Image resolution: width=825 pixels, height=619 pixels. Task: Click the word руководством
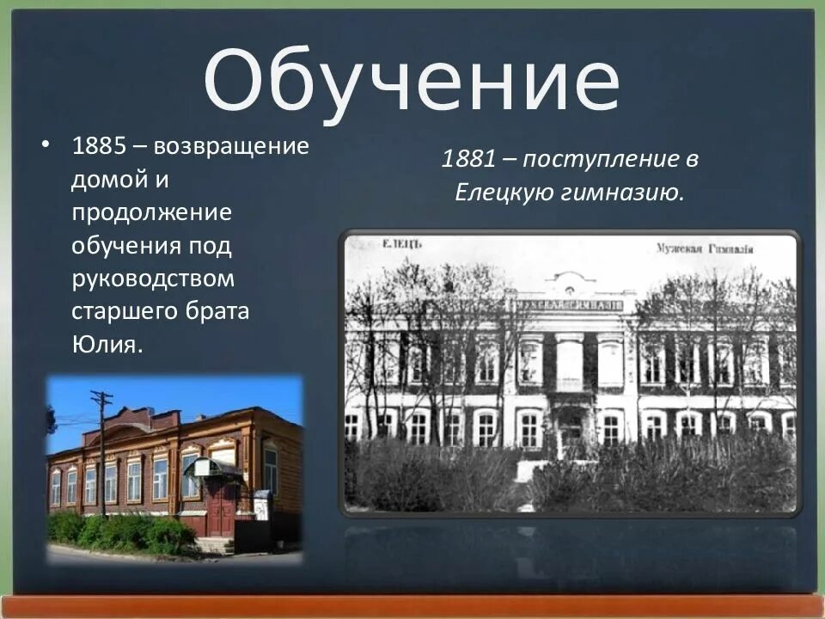(152, 279)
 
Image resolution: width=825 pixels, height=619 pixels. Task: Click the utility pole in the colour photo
(102, 447)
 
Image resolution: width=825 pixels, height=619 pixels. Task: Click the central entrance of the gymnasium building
(570, 430)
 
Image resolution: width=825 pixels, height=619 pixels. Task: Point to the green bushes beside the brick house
(120, 533)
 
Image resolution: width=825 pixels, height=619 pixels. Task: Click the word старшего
(122, 311)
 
